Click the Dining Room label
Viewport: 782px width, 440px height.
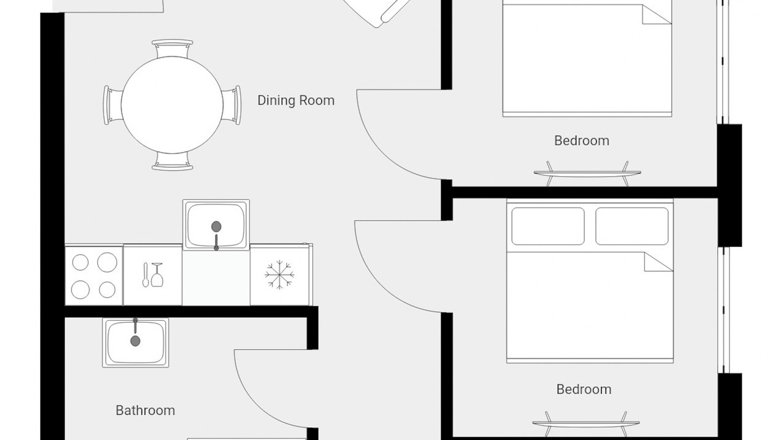pyautogui.click(x=296, y=101)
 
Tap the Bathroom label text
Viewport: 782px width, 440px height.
pyautogui.click(x=145, y=411)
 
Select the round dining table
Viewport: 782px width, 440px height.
pyautogui.click(x=172, y=105)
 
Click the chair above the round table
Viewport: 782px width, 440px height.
pyautogui.click(x=172, y=48)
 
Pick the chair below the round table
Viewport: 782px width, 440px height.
pyautogui.click(x=172, y=162)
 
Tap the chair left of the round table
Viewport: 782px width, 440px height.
pyautogui.click(x=112, y=105)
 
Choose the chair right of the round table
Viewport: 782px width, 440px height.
pyautogui.click(x=232, y=105)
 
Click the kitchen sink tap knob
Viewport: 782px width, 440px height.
pyautogui.click(x=216, y=227)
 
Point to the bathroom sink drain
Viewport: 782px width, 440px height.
pyautogui.click(x=135, y=341)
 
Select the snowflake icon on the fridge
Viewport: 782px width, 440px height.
pyautogui.click(x=279, y=274)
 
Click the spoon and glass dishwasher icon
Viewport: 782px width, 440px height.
pyautogui.click(x=153, y=275)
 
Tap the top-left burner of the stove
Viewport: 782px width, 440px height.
pyautogui.click(x=80, y=263)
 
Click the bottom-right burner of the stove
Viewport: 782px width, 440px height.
pyautogui.click(x=107, y=290)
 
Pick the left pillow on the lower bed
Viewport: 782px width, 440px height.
pyautogui.click(x=548, y=226)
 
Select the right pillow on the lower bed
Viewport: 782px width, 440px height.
pyautogui.click(x=632, y=226)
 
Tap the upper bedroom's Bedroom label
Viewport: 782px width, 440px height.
pyautogui.click(x=582, y=141)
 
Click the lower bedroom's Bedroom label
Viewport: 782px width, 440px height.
pyautogui.click(x=583, y=389)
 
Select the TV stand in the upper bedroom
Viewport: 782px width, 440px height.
pyautogui.click(x=587, y=173)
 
